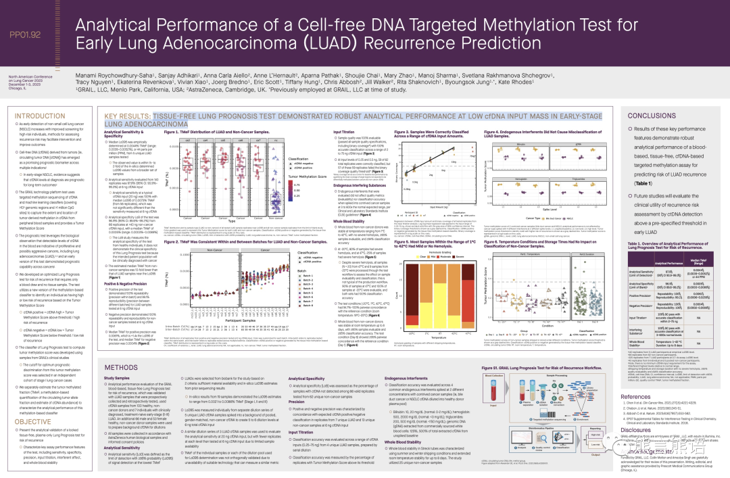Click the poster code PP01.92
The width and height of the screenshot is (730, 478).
(x=26, y=34)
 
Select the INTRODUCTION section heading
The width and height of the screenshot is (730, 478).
(x=40, y=116)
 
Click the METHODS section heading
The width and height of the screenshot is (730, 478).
(x=121, y=367)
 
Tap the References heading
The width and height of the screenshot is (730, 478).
(x=636, y=397)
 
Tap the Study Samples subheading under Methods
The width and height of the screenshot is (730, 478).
(x=117, y=378)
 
